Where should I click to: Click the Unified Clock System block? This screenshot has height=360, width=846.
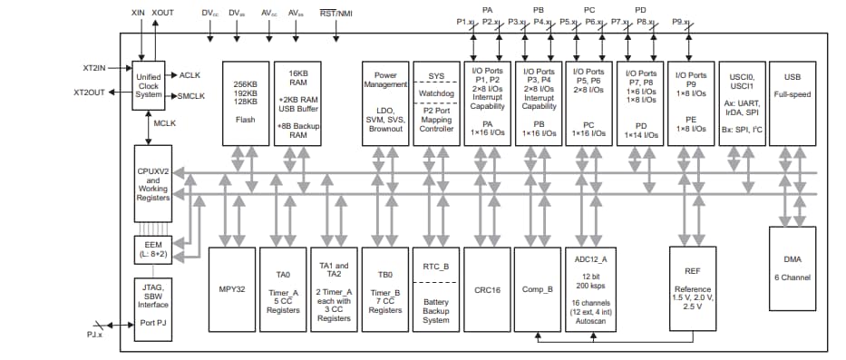tap(147, 86)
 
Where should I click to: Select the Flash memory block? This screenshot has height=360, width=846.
tap(245, 103)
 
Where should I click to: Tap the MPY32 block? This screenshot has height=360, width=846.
tap(232, 288)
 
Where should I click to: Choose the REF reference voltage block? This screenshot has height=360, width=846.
tap(692, 288)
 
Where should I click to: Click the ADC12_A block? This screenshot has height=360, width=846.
tap(589, 288)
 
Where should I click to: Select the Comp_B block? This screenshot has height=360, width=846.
tap(538, 288)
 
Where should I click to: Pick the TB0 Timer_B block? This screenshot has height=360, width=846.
tap(386, 288)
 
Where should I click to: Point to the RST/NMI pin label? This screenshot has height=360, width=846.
tap(335, 14)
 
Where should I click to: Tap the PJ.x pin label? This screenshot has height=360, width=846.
tap(94, 333)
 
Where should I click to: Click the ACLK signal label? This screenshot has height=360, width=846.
tap(190, 75)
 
